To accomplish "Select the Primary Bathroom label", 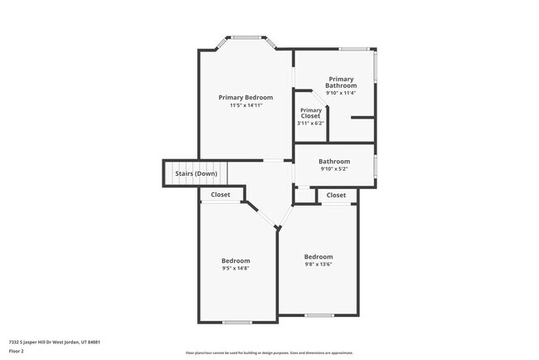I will pos(341,82).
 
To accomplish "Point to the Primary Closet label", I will pos(311,114).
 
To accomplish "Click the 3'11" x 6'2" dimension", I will pos(310,124).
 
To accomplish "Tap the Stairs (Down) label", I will pos(196,173).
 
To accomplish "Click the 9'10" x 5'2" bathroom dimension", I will pos(334,169).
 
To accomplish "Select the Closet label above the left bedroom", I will pos(221,195).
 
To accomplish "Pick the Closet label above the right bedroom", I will pos(336,195).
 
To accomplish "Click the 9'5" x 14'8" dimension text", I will pos(236,268).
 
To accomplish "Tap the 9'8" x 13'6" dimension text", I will pos(318,265).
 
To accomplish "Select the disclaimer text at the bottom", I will pos(269,353).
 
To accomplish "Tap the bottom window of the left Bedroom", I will pos(236,322).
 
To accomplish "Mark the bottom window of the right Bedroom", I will pos(318,315).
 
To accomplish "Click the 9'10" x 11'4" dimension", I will pos(341,93).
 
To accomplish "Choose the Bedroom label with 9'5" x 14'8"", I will pos(236,260).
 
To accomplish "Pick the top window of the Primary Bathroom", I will pos(353,49).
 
